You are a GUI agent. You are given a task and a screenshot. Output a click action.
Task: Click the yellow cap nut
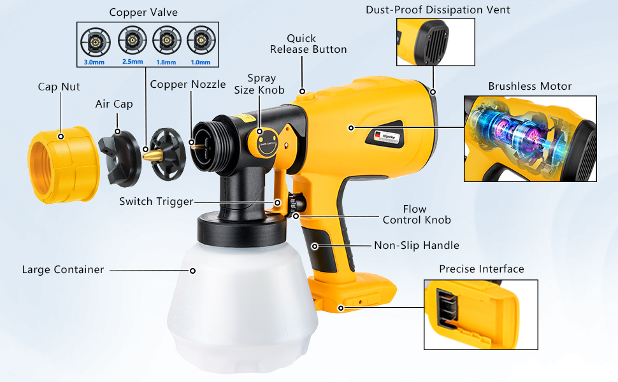[63, 165]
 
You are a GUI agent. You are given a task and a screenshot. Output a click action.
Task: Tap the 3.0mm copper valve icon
[95, 42]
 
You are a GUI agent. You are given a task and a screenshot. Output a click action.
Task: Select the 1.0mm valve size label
[200, 62]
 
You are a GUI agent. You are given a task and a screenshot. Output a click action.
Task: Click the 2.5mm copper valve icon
[132, 41]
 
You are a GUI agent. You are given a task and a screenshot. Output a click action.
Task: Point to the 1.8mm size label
[166, 62]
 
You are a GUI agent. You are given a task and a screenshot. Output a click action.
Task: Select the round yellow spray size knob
[260, 142]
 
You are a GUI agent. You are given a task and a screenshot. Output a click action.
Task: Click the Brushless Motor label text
[529, 86]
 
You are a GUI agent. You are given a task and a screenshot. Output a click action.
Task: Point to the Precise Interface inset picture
[481, 315]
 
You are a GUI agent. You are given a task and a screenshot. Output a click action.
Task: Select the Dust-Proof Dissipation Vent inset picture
[436, 42]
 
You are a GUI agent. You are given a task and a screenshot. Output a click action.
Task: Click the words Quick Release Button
[308, 44]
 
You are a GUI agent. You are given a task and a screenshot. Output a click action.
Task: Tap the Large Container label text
[63, 270]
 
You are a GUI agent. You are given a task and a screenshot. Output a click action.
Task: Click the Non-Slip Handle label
[417, 245]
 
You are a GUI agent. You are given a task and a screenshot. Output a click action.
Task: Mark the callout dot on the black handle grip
[315, 246]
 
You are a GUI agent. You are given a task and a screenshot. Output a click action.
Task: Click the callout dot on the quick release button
[302, 92]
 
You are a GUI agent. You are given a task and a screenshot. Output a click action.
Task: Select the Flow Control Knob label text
[417, 214]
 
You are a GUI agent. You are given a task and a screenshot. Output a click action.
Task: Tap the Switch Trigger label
[157, 202]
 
